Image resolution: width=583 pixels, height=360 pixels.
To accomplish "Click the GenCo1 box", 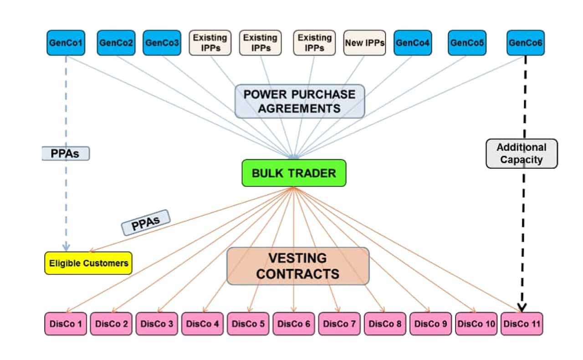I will (x=66, y=43).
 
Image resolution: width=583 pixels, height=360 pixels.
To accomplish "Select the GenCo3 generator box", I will (x=162, y=43).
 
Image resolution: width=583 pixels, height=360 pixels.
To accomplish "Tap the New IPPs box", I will (x=364, y=43).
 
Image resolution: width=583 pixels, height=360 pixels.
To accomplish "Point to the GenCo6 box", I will (x=525, y=43).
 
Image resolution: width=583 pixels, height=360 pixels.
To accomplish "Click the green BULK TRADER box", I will (x=294, y=173).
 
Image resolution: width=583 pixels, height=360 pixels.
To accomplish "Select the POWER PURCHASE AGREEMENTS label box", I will (x=300, y=101).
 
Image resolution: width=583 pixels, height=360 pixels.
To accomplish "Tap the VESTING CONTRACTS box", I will (x=298, y=266).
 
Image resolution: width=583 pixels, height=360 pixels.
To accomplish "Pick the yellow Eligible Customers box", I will (x=88, y=263).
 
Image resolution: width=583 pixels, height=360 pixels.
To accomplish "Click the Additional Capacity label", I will (x=522, y=154).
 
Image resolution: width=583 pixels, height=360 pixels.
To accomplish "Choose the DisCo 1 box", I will (x=66, y=324).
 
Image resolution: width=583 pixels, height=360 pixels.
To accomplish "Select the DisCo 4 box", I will (x=203, y=324).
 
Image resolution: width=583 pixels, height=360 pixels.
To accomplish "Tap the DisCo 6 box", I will (x=294, y=324).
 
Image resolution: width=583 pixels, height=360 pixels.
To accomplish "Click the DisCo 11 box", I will (x=522, y=324).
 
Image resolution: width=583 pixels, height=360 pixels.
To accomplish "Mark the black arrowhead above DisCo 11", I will (x=522, y=308).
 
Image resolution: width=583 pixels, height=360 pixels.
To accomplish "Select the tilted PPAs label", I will (x=146, y=223).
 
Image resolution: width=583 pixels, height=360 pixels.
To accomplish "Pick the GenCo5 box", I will (x=467, y=43).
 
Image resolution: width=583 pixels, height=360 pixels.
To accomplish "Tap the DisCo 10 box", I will (x=476, y=324).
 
